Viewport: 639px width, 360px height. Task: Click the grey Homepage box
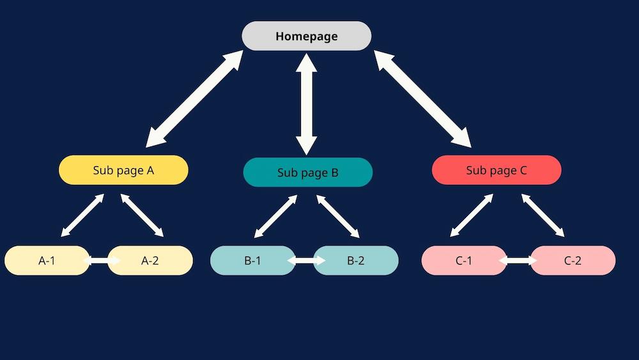(x=307, y=36)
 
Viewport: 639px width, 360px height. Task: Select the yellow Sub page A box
(x=123, y=170)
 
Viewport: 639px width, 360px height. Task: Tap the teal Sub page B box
(x=308, y=172)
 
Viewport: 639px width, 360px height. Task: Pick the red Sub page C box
(x=497, y=170)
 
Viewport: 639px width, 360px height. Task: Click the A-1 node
(x=47, y=260)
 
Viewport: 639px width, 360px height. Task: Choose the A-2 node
(x=150, y=260)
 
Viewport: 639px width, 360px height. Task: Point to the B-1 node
(x=252, y=260)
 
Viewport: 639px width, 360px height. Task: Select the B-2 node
(x=356, y=260)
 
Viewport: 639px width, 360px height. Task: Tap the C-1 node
(x=464, y=260)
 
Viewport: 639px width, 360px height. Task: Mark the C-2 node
(x=573, y=260)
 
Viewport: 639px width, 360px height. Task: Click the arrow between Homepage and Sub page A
(x=194, y=98)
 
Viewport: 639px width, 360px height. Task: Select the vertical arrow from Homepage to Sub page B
(x=307, y=104)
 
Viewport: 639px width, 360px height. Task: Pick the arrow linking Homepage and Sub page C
(x=422, y=98)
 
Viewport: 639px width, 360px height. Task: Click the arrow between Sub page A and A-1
(x=82, y=215)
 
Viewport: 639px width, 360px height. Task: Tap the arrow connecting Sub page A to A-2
(x=142, y=215)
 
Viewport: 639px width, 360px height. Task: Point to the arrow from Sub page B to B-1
(x=275, y=217)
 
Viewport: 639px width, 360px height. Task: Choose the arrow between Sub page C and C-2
(x=543, y=215)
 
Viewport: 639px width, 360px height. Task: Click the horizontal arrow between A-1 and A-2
(x=102, y=260)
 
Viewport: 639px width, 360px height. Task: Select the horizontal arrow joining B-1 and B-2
(x=307, y=260)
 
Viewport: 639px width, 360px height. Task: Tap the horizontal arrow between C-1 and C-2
(x=518, y=260)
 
